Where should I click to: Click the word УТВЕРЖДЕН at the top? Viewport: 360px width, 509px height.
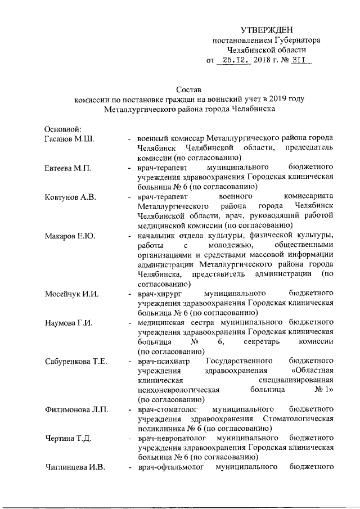coord(267,30)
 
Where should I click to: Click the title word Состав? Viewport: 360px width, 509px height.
coord(188,89)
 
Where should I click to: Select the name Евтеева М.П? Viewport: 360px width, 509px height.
coord(69,168)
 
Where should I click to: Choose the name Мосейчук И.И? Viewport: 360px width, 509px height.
coord(72,294)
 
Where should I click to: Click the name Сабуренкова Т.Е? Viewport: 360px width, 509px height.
coord(76,362)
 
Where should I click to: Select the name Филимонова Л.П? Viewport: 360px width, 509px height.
coord(76,410)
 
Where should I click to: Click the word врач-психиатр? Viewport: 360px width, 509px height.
coord(164,362)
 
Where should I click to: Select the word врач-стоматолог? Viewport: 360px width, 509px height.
coord(167,410)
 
